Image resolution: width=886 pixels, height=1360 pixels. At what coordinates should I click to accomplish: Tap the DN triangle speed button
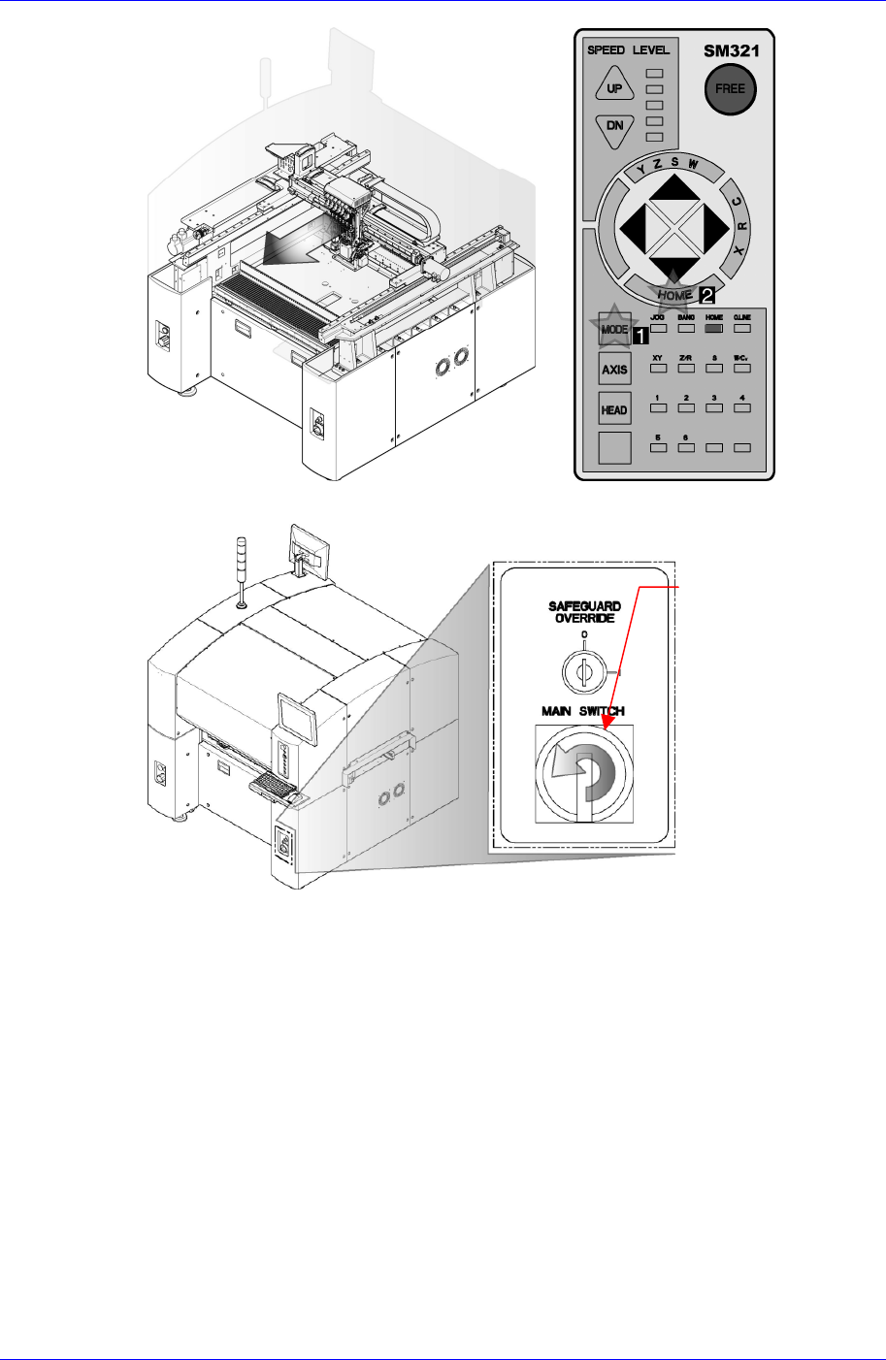point(614,127)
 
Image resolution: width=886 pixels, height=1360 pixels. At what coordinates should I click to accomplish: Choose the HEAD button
point(614,409)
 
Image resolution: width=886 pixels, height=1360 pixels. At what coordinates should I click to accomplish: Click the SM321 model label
point(730,51)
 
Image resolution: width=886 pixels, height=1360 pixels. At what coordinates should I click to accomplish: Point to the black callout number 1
point(640,336)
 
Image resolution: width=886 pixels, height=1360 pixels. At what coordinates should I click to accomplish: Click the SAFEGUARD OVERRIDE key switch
point(582,669)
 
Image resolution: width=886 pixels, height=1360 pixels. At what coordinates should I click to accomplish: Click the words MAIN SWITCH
point(582,711)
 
